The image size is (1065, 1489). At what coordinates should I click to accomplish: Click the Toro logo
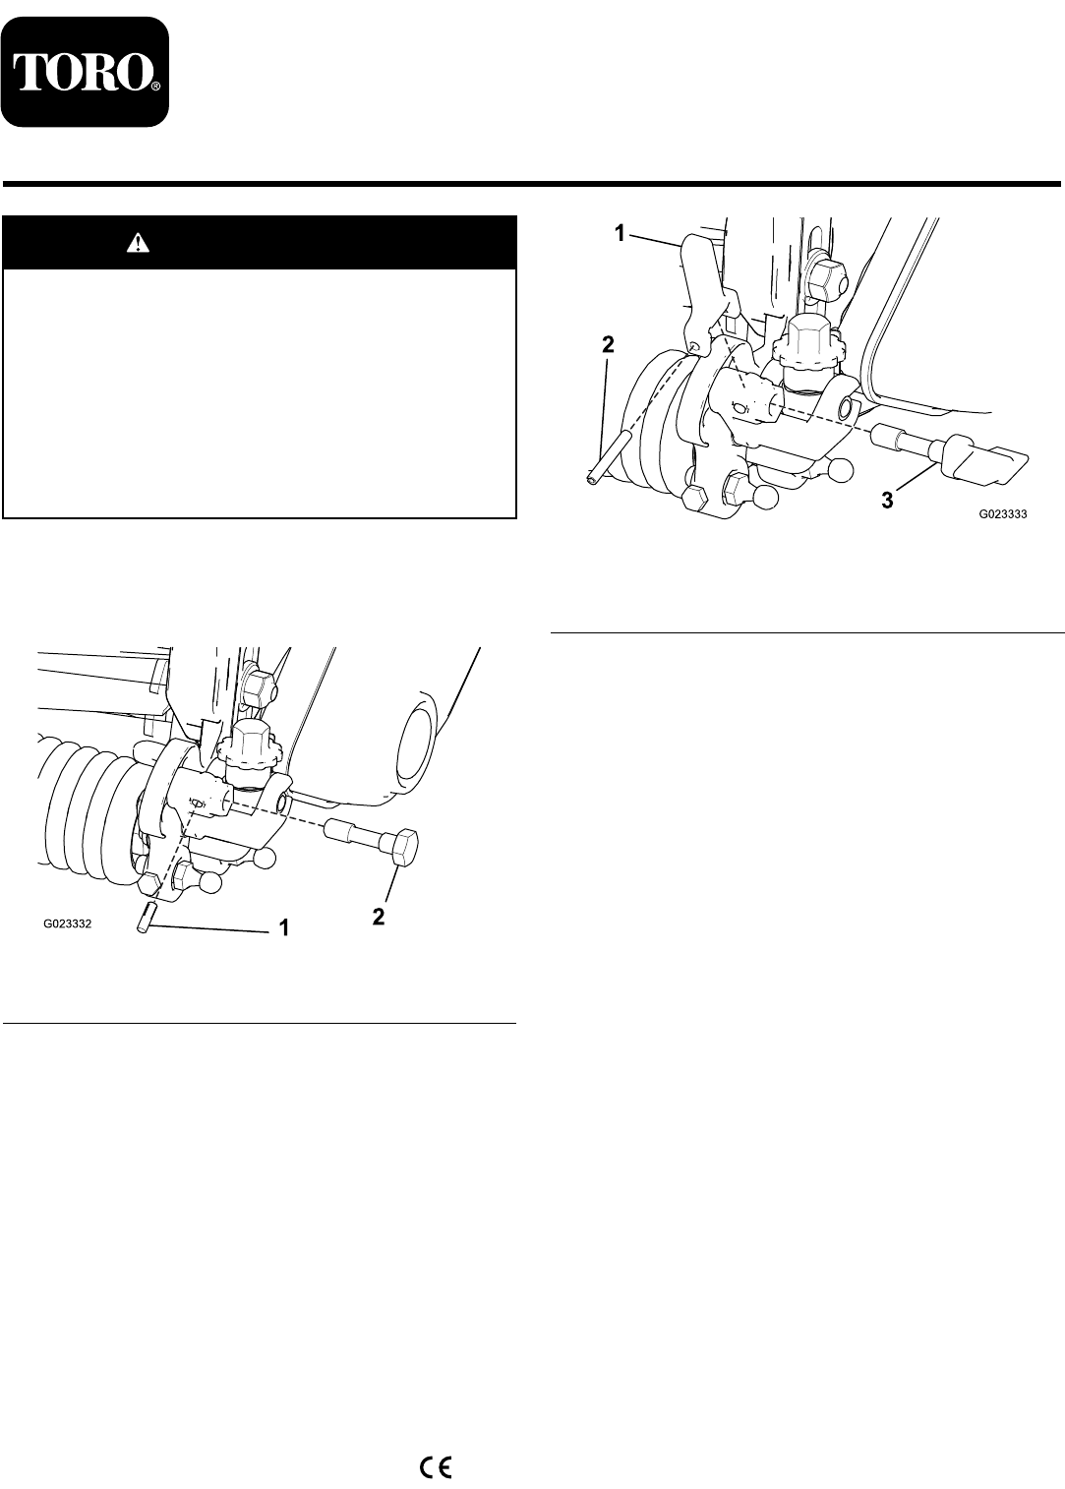pos(86,72)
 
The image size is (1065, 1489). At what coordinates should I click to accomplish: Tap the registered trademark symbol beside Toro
pos(155,86)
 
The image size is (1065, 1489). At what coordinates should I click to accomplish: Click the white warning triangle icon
pos(138,243)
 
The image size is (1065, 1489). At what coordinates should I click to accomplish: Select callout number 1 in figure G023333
pos(620,233)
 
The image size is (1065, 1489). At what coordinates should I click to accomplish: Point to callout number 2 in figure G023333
pos(608,344)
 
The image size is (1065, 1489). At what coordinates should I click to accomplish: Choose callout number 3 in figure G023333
pos(887,501)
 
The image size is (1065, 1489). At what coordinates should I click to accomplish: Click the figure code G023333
pos(1002,513)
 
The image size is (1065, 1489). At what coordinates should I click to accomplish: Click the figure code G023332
pos(68,923)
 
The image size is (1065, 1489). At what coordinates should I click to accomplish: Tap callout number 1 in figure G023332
pos(284,927)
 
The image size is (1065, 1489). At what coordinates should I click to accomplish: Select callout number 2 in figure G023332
pos(379,917)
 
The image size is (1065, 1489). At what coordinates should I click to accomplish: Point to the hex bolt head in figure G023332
pos(405,847)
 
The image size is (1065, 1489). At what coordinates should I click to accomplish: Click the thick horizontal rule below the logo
pos(532,184)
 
